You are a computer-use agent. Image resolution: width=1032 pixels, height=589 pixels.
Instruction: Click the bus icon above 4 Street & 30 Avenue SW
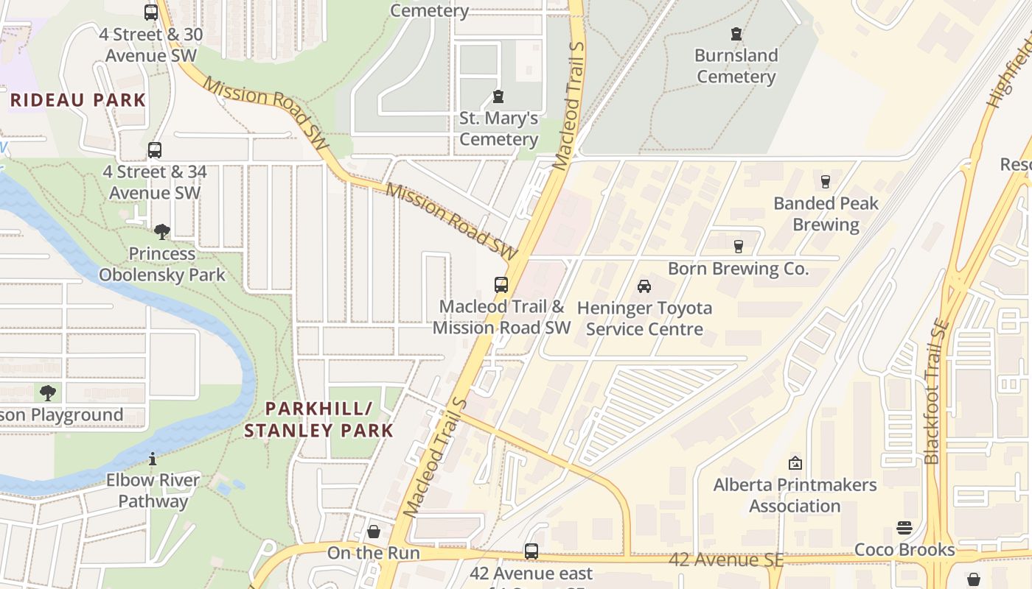pos(151,12)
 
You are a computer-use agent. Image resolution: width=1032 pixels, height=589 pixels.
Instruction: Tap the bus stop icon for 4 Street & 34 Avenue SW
pos(155,150)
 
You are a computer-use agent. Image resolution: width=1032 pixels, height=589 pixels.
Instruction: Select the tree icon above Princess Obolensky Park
pos(162,232)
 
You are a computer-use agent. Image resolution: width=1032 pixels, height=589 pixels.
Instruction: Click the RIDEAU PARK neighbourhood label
pos(78,100)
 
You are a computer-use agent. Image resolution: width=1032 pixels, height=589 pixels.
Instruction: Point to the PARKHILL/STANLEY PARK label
pos(318,420)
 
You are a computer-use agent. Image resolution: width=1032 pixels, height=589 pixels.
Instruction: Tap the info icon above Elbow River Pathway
pos(153,459)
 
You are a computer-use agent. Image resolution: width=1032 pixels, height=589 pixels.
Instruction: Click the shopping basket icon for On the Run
pos(374,532)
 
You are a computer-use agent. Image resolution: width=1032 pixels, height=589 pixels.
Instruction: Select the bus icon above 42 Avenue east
pos(531,551)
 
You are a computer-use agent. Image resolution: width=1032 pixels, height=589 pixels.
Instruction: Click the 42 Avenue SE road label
pos(725,560)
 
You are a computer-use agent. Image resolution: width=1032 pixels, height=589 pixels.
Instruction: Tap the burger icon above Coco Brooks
pos(904,528)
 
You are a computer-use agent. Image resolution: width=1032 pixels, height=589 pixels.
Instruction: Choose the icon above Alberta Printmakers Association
pos(795,463)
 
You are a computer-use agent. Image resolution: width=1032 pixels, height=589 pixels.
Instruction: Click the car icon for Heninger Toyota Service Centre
pos(644,286)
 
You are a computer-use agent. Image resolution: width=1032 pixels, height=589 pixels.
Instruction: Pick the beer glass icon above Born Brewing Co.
pos(738,247)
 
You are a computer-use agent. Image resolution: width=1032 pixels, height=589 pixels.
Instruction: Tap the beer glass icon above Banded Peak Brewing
pos(826,181)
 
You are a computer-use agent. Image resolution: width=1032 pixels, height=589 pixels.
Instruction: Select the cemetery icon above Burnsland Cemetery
pos(736,34)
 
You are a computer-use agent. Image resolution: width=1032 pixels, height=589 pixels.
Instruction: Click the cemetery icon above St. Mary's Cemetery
pos(498,96)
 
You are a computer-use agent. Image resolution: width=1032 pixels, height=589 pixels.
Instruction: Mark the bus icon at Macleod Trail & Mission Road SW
pos(501,284)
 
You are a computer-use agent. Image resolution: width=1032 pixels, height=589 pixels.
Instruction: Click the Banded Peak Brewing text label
pos(826,214)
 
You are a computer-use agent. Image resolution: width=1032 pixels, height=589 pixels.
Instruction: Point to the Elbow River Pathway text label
pos(153,491)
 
